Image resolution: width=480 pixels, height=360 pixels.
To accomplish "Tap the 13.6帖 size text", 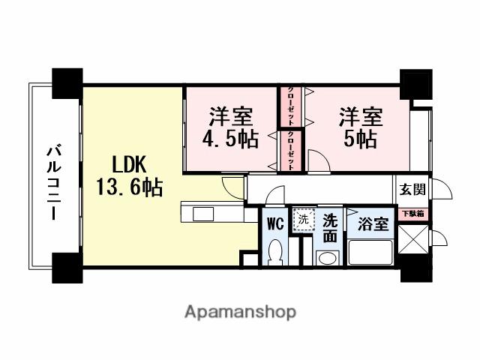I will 128,187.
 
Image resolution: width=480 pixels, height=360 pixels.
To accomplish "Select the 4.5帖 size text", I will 230,140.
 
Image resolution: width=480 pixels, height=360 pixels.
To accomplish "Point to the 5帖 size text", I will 361,140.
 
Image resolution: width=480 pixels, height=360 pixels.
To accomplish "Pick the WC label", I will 274,223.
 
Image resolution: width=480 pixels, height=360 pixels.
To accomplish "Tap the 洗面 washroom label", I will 330,228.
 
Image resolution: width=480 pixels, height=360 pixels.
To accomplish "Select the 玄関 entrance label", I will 411,189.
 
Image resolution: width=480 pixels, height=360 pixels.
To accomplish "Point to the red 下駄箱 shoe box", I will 412,214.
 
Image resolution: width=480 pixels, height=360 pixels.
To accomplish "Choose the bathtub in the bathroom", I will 369,253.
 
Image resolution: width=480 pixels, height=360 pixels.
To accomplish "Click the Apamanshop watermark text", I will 240,311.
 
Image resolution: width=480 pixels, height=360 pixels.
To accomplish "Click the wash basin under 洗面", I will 327,258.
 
